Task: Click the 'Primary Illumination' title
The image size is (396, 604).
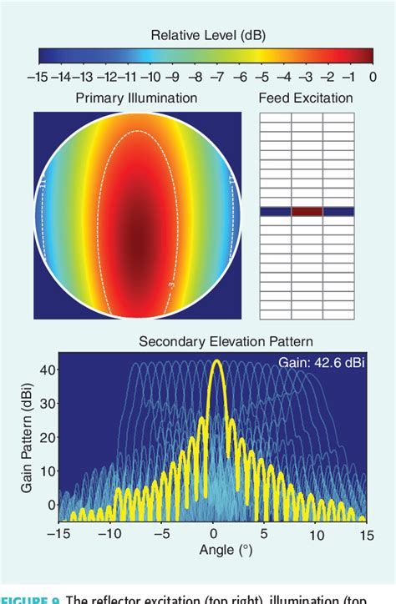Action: pyautogui.click(x=136, y=98)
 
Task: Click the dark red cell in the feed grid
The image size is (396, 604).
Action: pyautogui.click(x=307, y=212)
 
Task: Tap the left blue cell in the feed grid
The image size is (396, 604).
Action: pyautogui.click(x=275, y=212)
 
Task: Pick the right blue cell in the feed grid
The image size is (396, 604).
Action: pyautogui.click(x=339, y=212)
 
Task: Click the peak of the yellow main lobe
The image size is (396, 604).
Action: pyautogui.click(x=216, y=362)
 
